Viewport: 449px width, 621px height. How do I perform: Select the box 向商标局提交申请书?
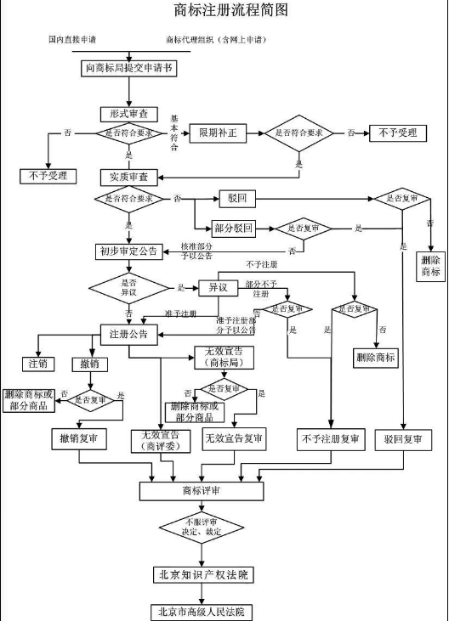(130, 68)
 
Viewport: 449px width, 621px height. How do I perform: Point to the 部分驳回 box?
(236, 228)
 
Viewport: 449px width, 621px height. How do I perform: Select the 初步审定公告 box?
(128, 251)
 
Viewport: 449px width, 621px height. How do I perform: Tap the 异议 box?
(218, 287)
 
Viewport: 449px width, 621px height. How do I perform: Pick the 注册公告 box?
(129, 333)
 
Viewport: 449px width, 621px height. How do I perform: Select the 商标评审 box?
(202, 490)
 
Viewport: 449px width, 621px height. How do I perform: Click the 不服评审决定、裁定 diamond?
(202, 529)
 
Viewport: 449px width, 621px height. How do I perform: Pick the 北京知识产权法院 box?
(202, 574)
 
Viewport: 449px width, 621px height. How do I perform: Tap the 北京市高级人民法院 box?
(202, 611)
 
